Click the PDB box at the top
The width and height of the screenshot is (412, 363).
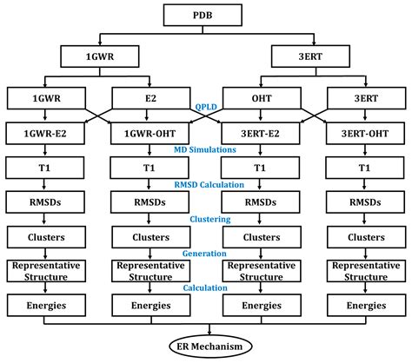tap(206, 16)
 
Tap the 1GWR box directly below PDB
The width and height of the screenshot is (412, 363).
tap(97, 58)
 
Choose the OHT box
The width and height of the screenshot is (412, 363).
tap(260, 99)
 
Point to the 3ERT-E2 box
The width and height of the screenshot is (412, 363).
tap(260, 134)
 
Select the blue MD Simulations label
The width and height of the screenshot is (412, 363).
tap(206, 150)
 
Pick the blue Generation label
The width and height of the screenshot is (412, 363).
tap(206, 254)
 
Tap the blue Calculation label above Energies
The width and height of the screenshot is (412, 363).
tap(206, 287)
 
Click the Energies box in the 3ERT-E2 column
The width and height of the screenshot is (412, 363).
tap(260, 305)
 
